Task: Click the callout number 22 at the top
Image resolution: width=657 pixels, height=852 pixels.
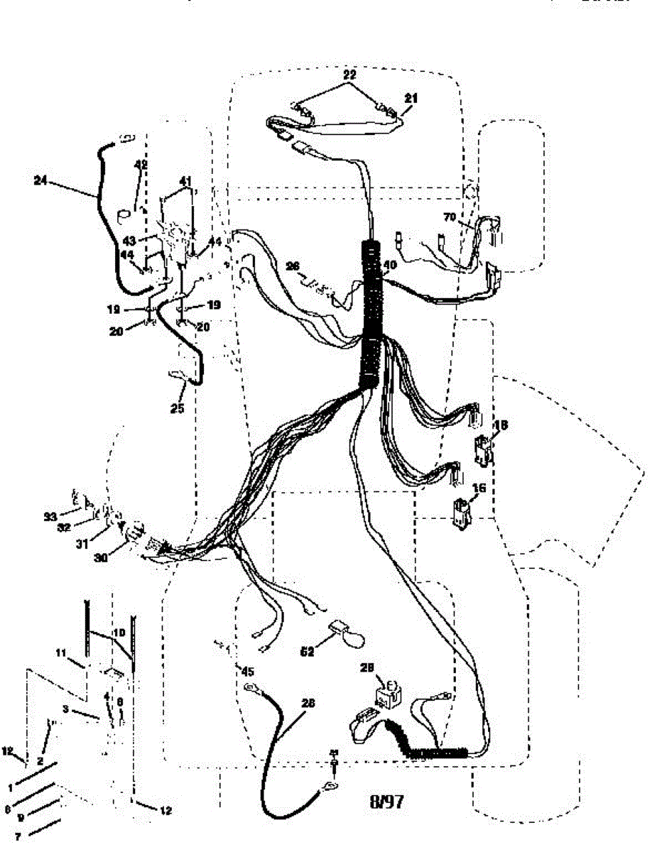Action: [x=349, y=74]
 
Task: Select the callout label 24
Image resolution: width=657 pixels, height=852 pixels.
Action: [x=40, y=180]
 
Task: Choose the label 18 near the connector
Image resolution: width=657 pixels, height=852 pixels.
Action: [x=500, y=425]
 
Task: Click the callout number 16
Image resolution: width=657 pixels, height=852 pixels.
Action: [x=479, y=489]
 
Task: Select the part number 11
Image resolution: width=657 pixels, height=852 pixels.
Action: [x=61, y=652]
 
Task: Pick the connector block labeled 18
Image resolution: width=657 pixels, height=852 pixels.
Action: [x=483, y=449]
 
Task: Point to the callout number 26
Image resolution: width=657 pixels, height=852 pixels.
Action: [x=292, y=267]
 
